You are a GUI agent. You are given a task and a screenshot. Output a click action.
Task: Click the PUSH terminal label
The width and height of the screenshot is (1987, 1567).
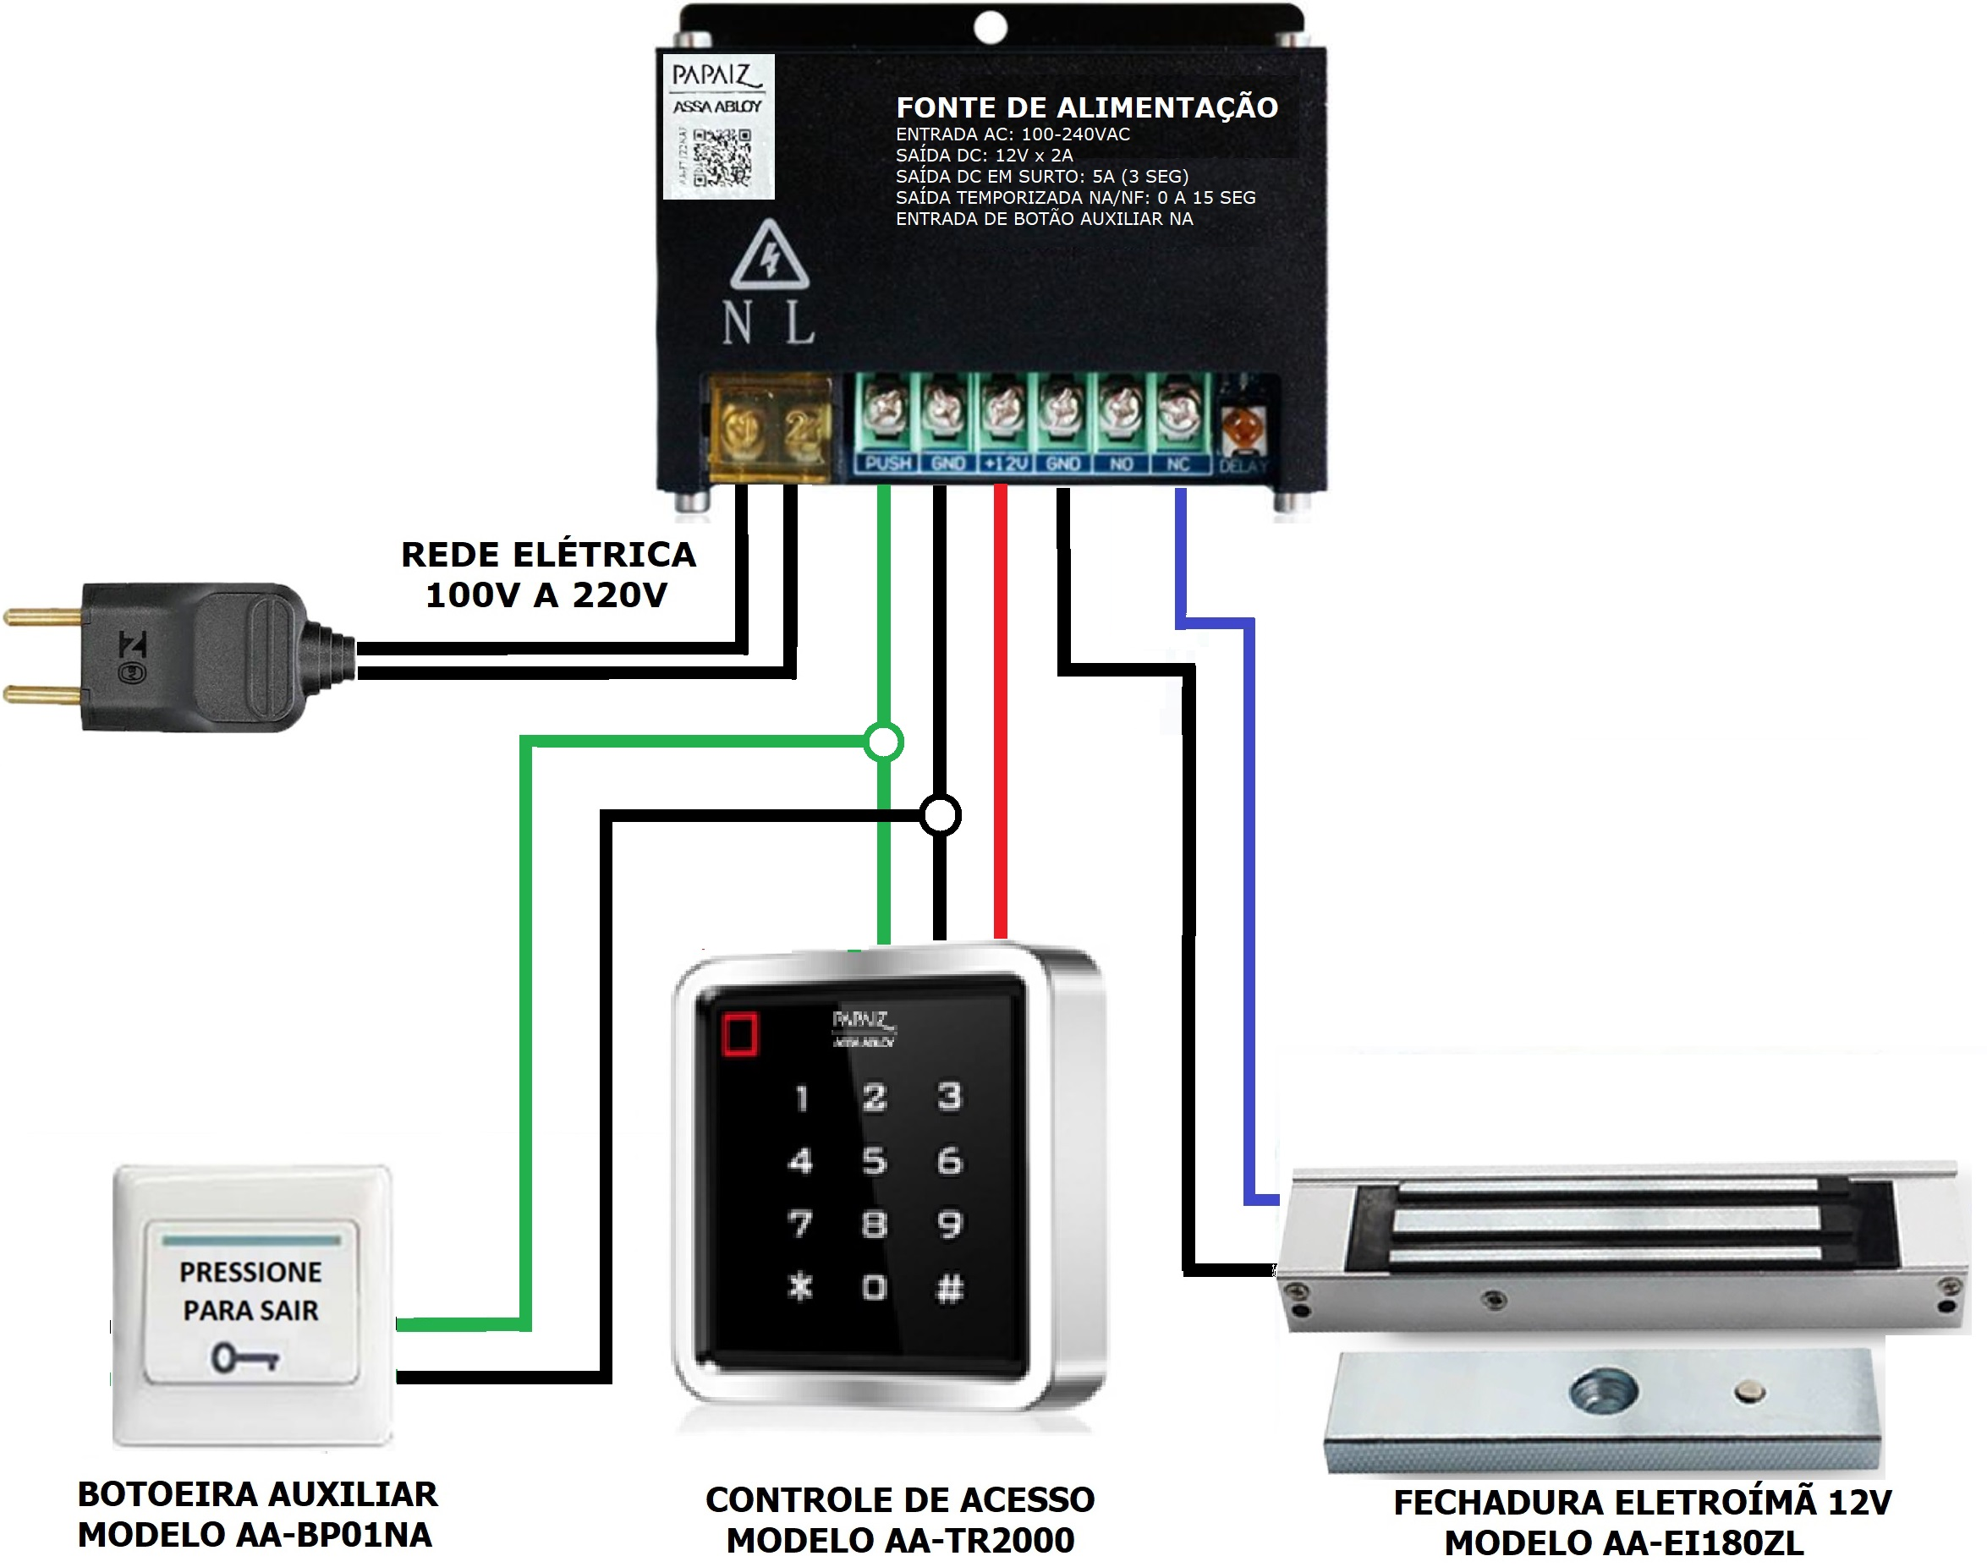click(x=887, y=463)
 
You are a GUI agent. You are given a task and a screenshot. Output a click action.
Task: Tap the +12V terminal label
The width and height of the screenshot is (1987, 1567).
click(x=1005, y=463)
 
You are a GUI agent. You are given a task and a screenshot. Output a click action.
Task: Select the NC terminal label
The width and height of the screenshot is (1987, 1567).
click(x=1177, y=464)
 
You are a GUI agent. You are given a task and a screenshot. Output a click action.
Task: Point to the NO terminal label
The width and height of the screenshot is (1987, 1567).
click(x=1121, y=464)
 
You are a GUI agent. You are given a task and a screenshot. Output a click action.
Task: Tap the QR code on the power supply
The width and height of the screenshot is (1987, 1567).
click(x=722, y=158)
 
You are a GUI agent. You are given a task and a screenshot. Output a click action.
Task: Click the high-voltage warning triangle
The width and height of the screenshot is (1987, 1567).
click(x=769, y=256)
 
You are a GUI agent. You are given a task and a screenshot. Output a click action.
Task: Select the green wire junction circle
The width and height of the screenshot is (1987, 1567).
click(x=884, y=742)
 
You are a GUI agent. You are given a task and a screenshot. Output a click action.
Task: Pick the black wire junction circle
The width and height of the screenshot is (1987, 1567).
click(x=940, y=814)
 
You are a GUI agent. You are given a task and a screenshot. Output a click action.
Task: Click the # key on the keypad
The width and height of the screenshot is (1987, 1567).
click(x=949, y=1288)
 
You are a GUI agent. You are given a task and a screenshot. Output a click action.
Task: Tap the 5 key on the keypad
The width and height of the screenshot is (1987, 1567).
click(x=874, y=1161)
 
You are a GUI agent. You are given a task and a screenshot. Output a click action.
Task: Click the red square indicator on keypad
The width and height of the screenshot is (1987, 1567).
click(x=740, y=1034)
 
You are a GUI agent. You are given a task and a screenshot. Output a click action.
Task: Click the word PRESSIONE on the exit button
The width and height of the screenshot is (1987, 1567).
click(x=250, y=1273)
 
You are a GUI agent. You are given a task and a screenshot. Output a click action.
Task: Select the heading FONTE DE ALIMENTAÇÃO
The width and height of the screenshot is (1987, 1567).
click(x=1087, y=108)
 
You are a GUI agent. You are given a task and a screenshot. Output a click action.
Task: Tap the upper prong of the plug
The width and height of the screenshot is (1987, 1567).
click(x=43, y=617)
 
